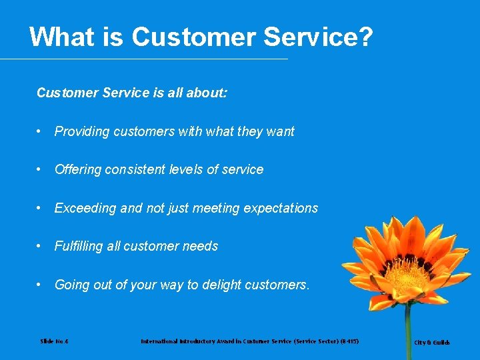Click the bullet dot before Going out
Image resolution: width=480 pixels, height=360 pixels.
click(x=41, y=285)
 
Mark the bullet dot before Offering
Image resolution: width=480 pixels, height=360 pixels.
click(x=41, y=169)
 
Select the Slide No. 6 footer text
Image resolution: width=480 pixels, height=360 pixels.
click(x=54, y=341)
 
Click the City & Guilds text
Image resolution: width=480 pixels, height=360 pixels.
click(x=432, y=343)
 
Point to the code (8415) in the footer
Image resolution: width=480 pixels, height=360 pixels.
click(x=347, y=341)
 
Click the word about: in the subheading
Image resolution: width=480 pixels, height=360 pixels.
click(x=207, y=93)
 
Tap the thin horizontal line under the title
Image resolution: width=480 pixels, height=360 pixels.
click(x=143, y=59)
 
